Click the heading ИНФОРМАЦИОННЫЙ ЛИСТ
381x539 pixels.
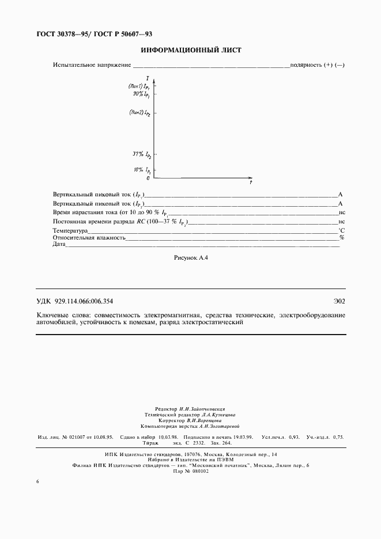(190, 50)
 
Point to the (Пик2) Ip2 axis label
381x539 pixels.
(140, 113)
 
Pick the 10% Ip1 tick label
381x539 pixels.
(142, 170)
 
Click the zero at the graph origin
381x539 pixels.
(148, 179)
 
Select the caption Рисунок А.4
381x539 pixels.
(190, 258)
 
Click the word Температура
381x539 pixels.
(70, 230)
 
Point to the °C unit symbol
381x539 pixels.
(341, 230)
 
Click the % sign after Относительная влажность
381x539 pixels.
(342, 237)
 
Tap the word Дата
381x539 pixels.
(59, 244)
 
